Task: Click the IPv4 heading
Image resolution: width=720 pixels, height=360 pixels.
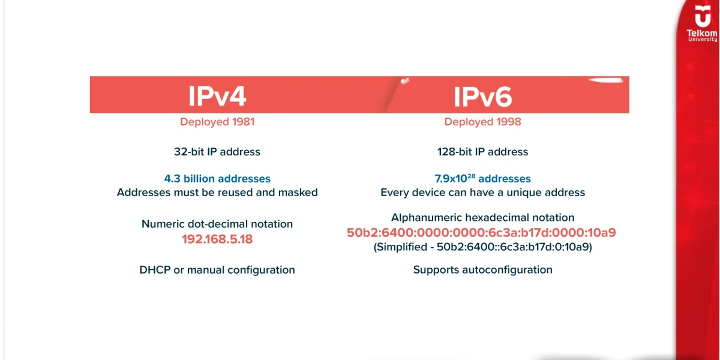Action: (217, 96)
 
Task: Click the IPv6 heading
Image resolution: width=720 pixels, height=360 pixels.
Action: (482, 96)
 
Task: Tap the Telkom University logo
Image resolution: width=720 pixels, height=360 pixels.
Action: (701, 25)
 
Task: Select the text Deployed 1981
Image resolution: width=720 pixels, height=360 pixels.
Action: (217, 122)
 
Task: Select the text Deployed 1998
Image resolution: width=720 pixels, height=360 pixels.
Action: (482, 122)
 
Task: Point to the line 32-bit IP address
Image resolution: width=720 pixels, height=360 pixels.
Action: (217, 152)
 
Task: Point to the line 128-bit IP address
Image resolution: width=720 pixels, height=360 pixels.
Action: (482, 152)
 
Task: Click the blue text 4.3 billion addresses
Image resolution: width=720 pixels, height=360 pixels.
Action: (217, 179)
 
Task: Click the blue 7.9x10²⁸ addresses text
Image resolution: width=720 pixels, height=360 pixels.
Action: (482, 179)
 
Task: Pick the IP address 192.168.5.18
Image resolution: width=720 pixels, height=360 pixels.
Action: (217, 238)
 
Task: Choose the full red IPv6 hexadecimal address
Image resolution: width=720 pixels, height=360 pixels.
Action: (482, 233)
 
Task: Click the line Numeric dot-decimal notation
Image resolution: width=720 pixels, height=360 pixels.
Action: (217, 224)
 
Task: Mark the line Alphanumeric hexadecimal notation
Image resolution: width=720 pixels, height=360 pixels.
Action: (482, 217)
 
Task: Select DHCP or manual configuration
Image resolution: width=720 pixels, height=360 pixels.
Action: (217, 270)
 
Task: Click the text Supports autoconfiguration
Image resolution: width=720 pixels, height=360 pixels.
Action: (482, 270)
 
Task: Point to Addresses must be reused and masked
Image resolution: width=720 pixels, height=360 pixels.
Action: (217, 193)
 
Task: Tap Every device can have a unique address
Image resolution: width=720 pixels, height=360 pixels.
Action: (482, 193)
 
